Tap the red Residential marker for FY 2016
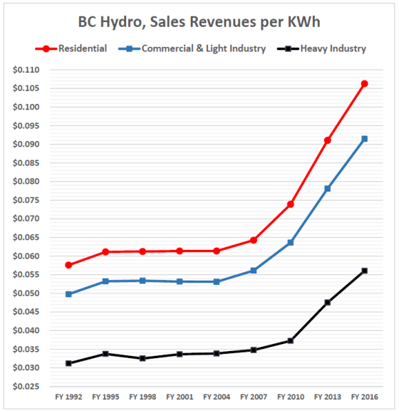click(x=365, y=83)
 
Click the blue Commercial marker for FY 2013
click(x=328, y=189)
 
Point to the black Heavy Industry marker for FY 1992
click(x=68, y=363)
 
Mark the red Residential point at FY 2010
click(x=291, y=204)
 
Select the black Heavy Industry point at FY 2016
click(x=365, y=271)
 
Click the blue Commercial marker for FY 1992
click(x=68, y=294)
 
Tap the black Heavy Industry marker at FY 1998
click(x=142, y=358)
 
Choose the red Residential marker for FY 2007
click(x=254, y=240)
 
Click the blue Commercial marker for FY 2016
click(x=365, y=139)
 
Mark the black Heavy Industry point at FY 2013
click(x=328, y=303)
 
